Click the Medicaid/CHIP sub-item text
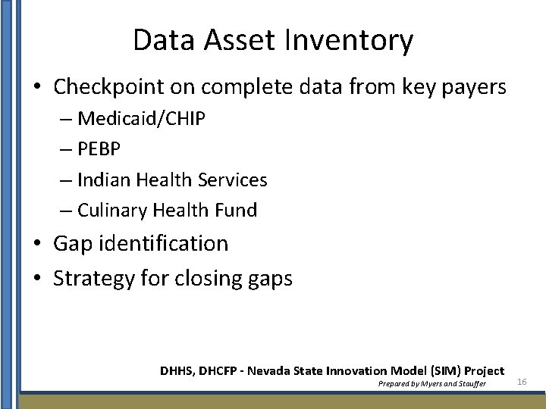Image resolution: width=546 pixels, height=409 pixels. coord(141,119)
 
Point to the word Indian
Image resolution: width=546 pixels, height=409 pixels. coord(104,180)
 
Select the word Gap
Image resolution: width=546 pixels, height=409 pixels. coord(70,244)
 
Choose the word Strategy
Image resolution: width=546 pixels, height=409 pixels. coord(93,279)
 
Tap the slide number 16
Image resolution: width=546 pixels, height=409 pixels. coord(522,382)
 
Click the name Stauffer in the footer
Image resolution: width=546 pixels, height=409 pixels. coord(468,384)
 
